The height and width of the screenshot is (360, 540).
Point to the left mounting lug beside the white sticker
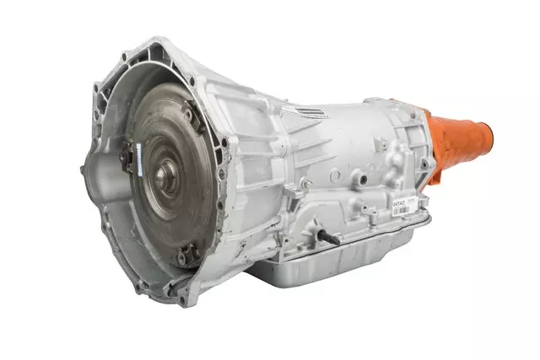click(x=128, y=155)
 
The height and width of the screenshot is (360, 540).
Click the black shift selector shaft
click(x=328, y=237)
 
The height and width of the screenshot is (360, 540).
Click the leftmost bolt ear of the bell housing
click(x=84, y=169)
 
